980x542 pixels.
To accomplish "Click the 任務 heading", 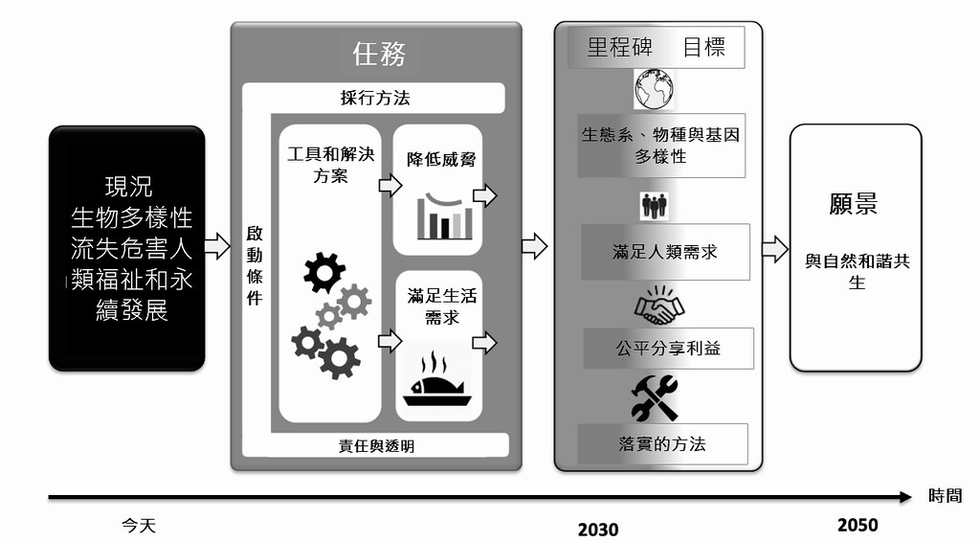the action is [x=379, y=54].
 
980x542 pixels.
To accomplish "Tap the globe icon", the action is [x=654, y=89].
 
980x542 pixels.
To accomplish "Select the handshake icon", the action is [x=659, y=305].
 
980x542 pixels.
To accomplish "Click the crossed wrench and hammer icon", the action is [x=655, y=397].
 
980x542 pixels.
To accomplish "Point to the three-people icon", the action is [x=654, y=206].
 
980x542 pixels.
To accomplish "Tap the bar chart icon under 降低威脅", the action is [x=445, y=216].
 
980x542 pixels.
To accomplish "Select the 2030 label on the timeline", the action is [x=598, y=530].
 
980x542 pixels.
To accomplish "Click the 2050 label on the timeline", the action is [x=857, y=525].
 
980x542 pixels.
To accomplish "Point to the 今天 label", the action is [x=139, y=525].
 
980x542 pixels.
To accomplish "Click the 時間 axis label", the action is [x=945, y=496].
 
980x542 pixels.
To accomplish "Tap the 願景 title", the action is [x=854, y=204].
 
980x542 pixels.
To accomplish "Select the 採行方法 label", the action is [x=375, y=98].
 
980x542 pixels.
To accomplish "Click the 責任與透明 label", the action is [x=376, y=445].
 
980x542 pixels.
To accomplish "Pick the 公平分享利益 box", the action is [x=668, y=349].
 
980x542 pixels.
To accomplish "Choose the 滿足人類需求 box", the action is [x=665, y=252].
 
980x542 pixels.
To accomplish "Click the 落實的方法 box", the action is [x=662, y=444].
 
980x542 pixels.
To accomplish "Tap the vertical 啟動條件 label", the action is [x=255, y=265].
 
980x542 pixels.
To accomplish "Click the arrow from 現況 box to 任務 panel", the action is [x=217, y=246].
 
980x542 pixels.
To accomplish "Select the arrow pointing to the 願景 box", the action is [x=775, y=249].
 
